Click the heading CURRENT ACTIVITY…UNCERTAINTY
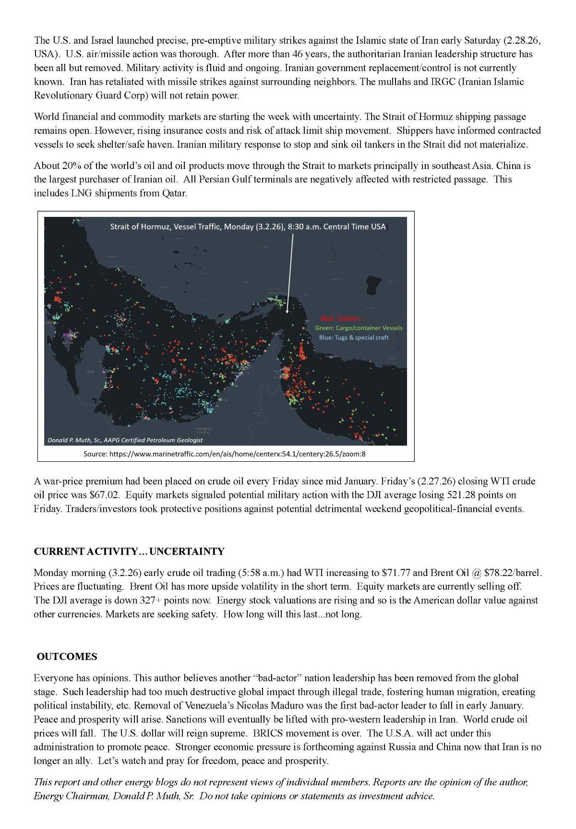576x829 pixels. click(129, 551)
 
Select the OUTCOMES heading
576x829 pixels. click(67, 656)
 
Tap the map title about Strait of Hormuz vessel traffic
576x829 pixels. click(248, 227)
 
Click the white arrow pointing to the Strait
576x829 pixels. click(289, 274)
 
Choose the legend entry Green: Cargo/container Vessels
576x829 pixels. click(359, 328)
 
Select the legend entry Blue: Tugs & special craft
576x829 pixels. click(354, 337)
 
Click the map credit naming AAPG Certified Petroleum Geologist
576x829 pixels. click(125, 440)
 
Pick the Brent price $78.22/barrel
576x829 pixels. click(512, 573)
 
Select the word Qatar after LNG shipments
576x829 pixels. click(172, 193)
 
